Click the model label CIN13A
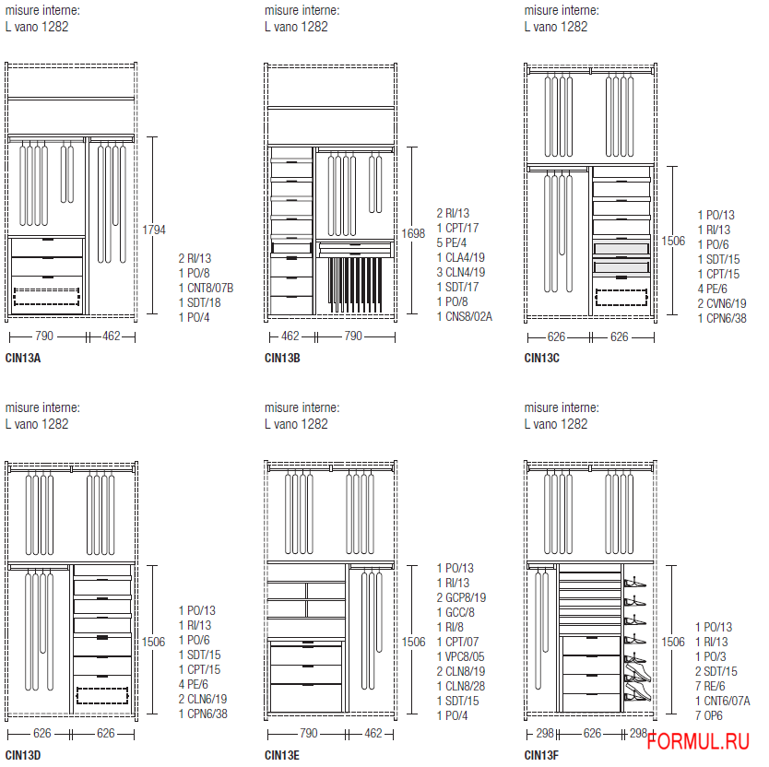click(x=22, y=358)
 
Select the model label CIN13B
click(x=282, y=358)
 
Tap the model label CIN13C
click(x=542, y=358)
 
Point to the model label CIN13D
click(x=22, y=756)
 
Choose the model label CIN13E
click(x=282, y=756)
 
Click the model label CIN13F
click(x=541, y=756)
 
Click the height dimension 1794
click(x=153, y=229)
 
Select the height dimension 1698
click(x=413, y=234)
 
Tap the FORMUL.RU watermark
click(x=697, y=742)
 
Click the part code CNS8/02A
click(x=465, y=316)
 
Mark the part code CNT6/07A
click(x=725, y=701)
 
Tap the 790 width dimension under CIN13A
click(x=43, y=336)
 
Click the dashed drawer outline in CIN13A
click(x=47, y=297)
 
